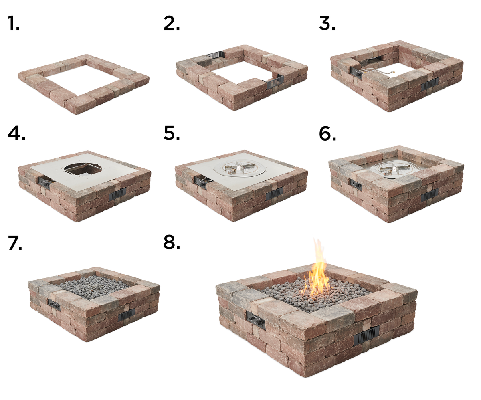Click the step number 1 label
point(13,24)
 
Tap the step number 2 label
point(172,24)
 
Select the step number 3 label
point(327,24)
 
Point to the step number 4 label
point(16,133)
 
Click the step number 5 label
point(172,133)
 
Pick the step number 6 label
point(327,133)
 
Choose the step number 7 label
point(15,243)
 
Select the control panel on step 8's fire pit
point(255,319)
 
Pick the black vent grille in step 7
point(126,315)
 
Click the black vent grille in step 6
point(429,194)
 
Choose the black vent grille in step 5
point(274,194)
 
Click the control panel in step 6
point(355,184)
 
